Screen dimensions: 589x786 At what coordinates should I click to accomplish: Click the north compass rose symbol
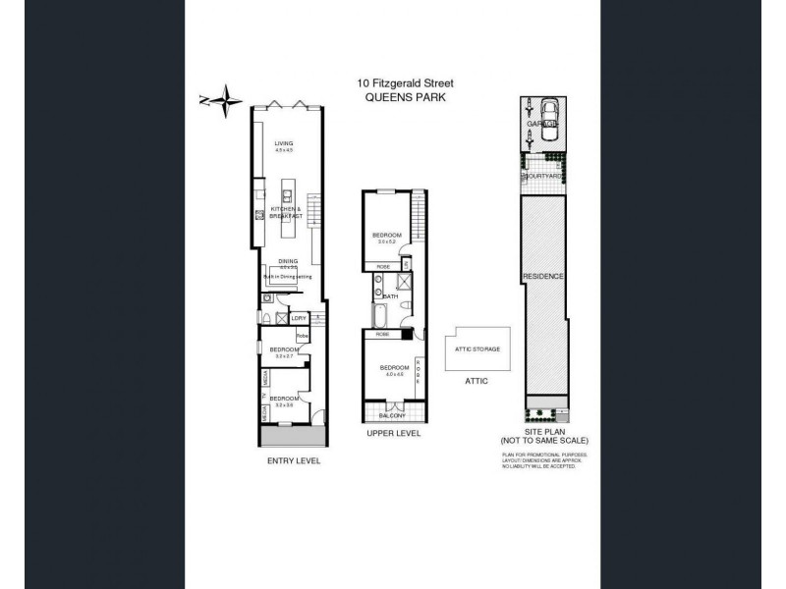click(228, 98)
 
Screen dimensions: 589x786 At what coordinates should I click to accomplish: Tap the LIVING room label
click(283, 144)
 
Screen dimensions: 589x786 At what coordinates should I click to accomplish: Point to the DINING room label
click(287, 260)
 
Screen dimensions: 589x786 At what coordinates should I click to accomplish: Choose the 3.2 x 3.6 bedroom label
click(284, 401)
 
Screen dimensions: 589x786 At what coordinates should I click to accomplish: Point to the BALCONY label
click(393, 415)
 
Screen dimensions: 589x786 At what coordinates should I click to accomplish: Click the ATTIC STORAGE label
click(477, 349)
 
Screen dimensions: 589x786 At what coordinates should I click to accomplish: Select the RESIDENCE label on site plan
click(542, 277)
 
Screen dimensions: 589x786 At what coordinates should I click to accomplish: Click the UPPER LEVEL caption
click(394, 433)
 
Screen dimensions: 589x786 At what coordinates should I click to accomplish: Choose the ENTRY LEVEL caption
click(294, 459)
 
